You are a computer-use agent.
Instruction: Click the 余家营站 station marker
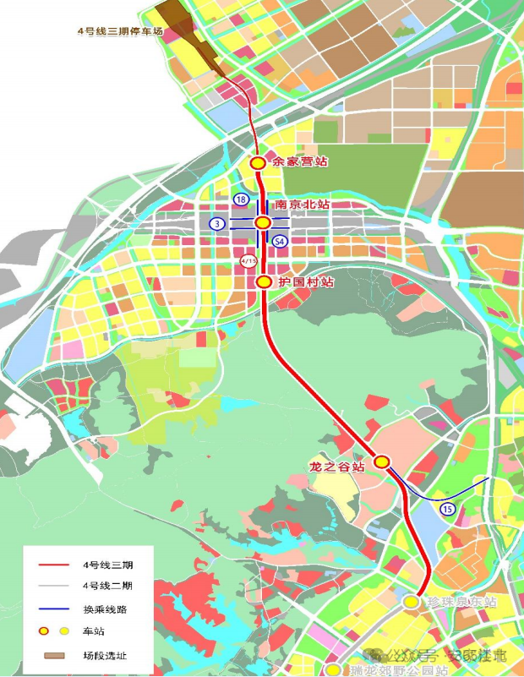click(258, 162)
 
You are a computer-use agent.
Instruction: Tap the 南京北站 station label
click(302, 205)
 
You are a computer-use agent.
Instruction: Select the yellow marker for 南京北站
click(263, 222)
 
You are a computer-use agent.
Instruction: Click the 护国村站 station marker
click(263, 281)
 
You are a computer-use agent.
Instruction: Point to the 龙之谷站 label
click(337, 466)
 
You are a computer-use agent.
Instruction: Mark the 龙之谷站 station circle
click(382, 461)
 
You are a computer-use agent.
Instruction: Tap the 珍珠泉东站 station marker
click(411, 602)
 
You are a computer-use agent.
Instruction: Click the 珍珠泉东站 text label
click(460, 602)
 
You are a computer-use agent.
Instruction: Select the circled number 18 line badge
click(242, 199)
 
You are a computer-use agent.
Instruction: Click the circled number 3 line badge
click(218, 223)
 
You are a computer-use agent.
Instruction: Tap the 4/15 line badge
click(248, 261)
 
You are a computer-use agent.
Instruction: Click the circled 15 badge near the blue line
click(447, 509)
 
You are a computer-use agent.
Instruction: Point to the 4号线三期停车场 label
click(118, 32)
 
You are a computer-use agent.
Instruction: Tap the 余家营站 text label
click(299, 161)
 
